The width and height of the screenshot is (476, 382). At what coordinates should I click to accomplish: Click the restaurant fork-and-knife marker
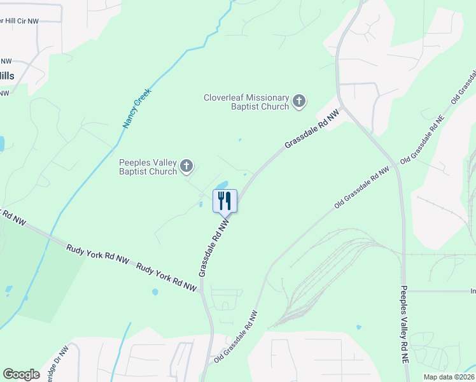(225, 201)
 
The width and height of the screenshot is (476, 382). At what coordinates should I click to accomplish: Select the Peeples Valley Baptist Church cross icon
(186, 167)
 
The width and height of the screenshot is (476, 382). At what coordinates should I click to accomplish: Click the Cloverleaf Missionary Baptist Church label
(246, 102)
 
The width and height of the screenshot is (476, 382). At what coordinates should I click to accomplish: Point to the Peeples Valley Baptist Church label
(148, 167)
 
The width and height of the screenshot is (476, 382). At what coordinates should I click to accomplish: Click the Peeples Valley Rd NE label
(403, 324)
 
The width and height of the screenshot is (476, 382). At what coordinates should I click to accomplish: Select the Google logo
(22, 374)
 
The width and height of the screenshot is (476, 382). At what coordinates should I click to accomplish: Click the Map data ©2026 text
(448, 377)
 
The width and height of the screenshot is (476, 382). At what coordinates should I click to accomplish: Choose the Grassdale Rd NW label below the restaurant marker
(213, 248)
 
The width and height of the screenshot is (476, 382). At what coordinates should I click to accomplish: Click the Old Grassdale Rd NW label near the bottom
(236, 336)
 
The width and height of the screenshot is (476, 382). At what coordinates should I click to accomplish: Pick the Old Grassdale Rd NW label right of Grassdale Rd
(361, 188)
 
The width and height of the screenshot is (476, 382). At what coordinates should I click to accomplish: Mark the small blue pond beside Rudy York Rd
(155, 292)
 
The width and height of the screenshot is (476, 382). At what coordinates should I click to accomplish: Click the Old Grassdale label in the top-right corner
(464, 86)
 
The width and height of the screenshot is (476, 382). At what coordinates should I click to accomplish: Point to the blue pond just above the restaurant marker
(221, 185)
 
